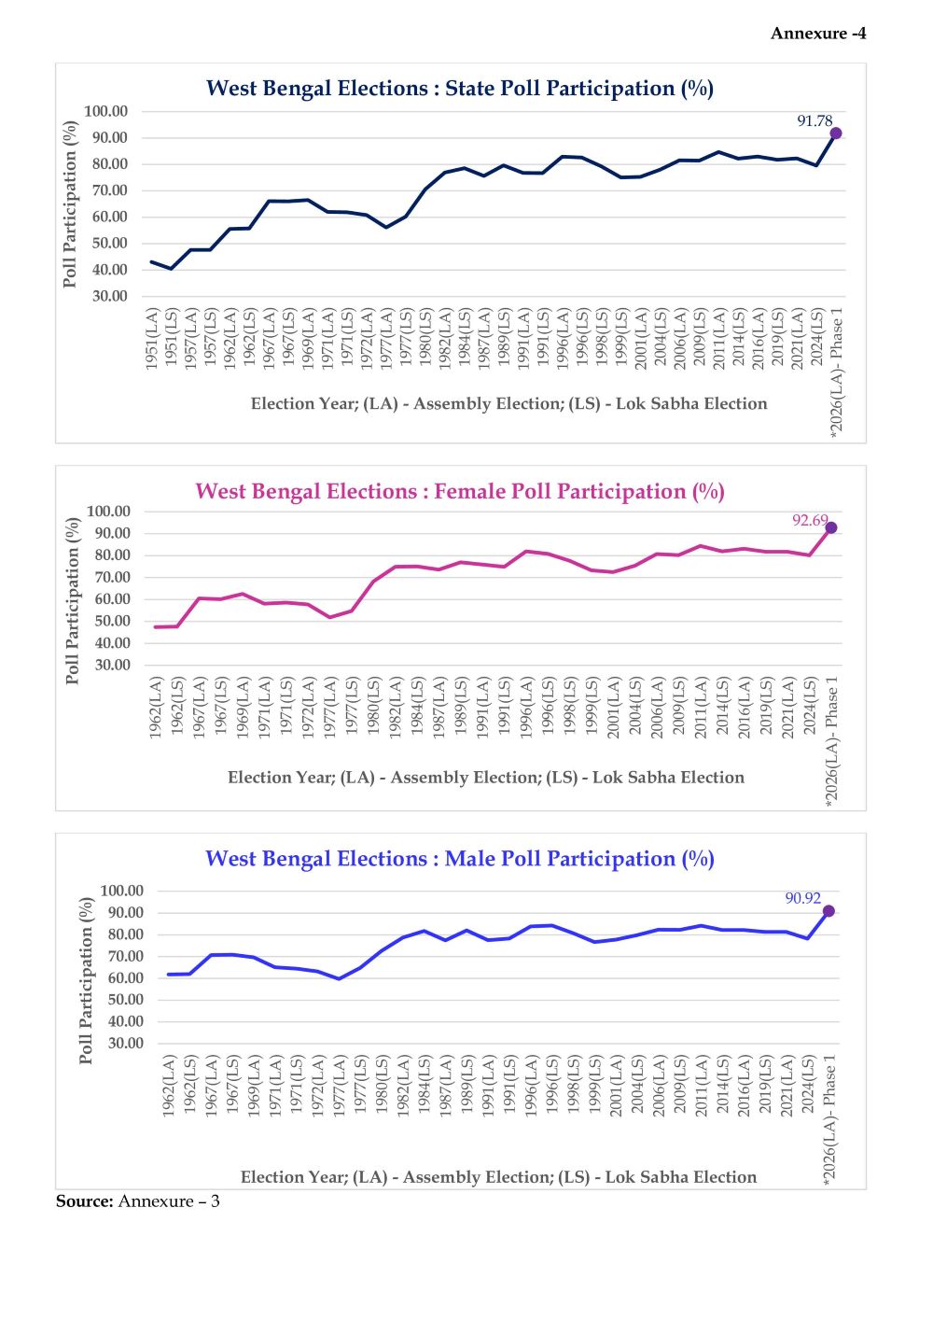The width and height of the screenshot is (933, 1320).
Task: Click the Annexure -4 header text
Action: coord(818,34)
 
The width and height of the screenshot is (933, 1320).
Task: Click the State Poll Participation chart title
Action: coord(460,89)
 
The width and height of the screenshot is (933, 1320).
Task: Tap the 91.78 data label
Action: coord(815,121)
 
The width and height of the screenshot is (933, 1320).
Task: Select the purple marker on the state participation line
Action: coord(836,133)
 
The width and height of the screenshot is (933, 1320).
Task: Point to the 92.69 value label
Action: coord(811,520)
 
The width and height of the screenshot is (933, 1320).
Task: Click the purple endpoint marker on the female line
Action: coord(831,528)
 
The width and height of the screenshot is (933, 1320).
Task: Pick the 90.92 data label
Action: coord(802,898)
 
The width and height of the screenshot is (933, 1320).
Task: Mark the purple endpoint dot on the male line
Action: coord(829,911)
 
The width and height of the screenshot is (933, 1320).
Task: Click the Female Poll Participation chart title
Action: coord(460,492)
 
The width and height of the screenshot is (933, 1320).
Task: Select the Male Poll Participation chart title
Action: coord(460,859)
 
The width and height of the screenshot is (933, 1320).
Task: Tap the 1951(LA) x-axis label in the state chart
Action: coord(153,339)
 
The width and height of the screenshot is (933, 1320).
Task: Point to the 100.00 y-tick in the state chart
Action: coord(105,111)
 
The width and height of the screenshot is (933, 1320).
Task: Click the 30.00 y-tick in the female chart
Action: coord(108,666)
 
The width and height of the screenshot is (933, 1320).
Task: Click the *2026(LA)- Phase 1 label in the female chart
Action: coord(832,747)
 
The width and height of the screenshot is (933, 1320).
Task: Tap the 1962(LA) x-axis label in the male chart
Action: coord(169,1086)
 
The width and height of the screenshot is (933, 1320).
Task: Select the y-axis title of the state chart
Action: coord(70,204)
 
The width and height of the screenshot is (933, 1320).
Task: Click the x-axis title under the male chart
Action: coord(498,1177)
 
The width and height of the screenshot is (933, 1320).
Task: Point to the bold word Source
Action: coord(84,1201)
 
